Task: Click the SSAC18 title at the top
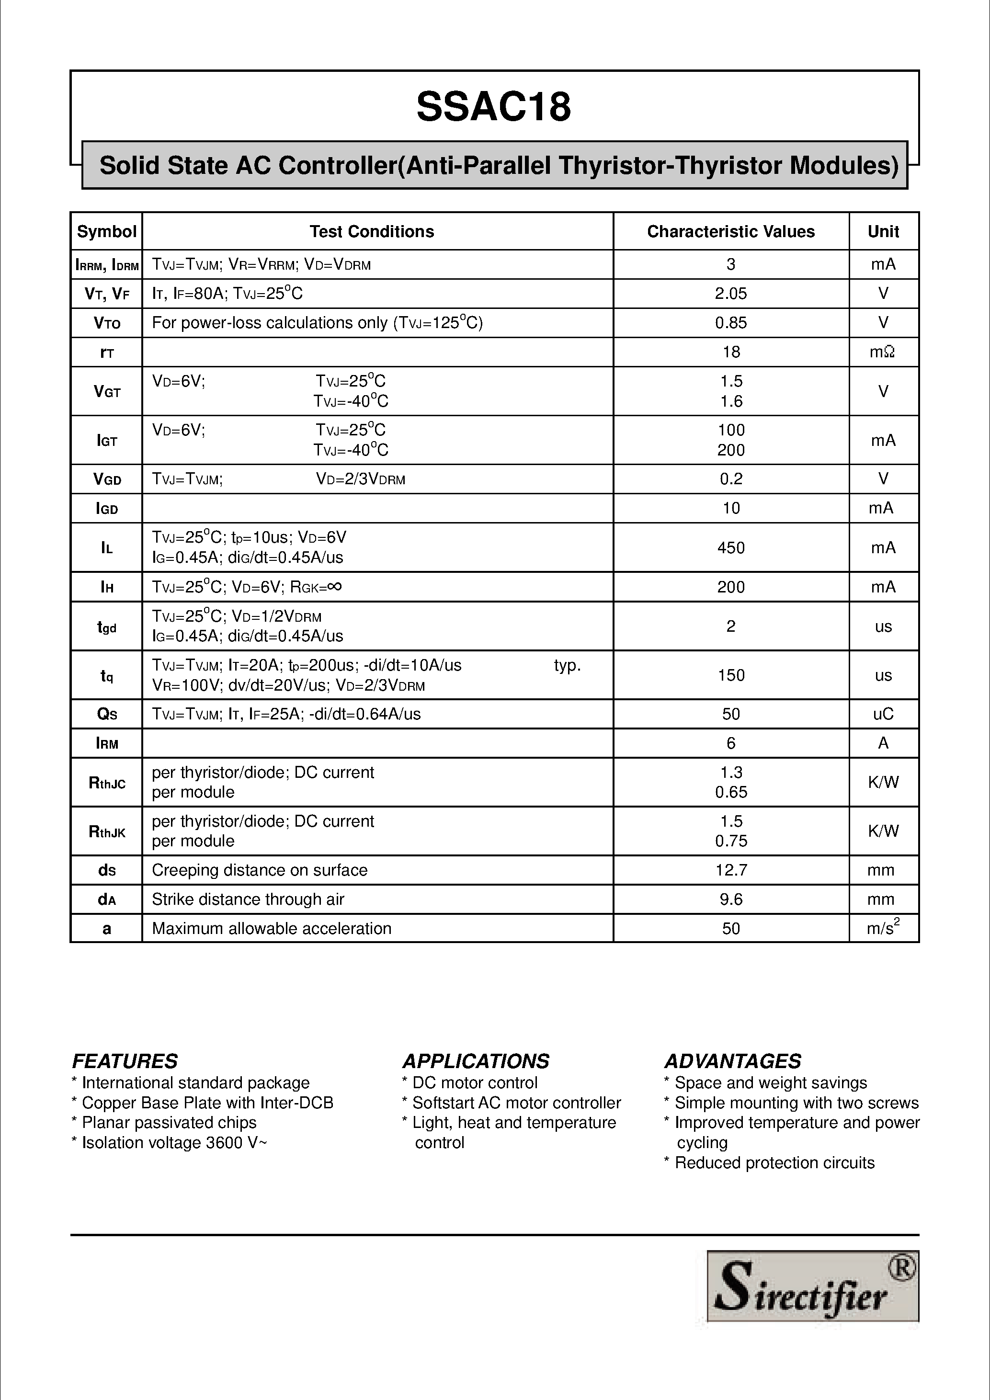click(494, 107)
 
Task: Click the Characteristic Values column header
click(730, 232)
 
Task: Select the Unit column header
click(883, 232)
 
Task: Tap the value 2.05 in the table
click(730, 294)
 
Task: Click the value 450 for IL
click(730, 547)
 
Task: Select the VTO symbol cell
click(107, 323)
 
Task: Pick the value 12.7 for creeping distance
click(730, 870)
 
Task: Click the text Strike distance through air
click(248, 899)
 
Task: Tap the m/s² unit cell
click(883, 928)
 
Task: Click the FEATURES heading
click(125, 1061)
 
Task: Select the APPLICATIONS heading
click(476, 1061)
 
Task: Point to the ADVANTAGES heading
click(732, 1061)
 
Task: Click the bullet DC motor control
click(469, 1083)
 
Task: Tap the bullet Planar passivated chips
click(165, 1123)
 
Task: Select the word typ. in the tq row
click(567, 666)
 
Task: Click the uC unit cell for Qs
click(883, 714)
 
